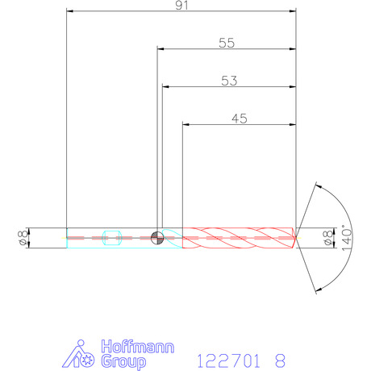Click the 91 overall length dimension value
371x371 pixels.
(x=181, y=5)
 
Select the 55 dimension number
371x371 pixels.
(x=227, y=43)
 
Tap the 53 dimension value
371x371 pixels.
(x=229, y=81)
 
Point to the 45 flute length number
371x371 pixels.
(x=240, y=119)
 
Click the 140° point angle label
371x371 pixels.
(x=347, y=238)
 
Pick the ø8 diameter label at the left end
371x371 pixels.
(x=23, y=238)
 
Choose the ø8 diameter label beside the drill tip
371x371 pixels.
(x=328, y=238)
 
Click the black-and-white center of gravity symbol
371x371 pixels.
(x=157, y=238)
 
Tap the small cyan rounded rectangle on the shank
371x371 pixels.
(x=112, y=238)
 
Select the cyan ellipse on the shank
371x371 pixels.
(x=173, y=238)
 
